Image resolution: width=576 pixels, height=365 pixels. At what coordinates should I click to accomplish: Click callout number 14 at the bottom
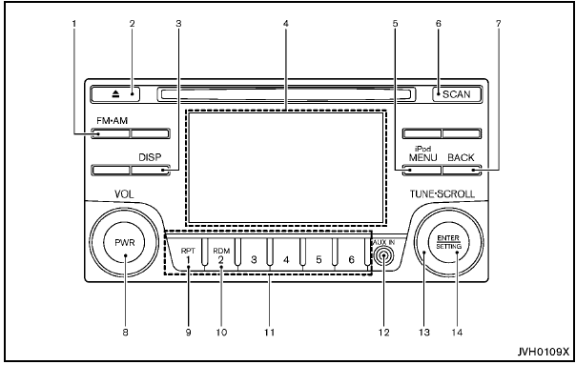click(x=456, y=334)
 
